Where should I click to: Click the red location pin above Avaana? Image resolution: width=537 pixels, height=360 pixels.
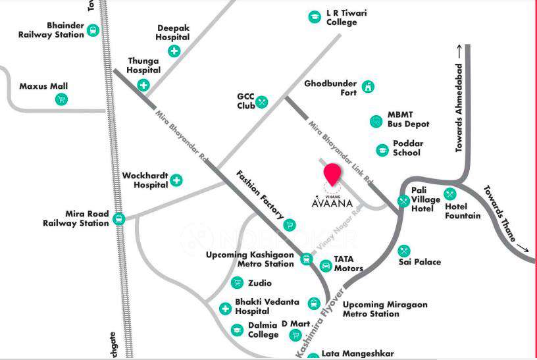[x=333, y=174]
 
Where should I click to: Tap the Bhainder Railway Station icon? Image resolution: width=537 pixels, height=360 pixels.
[x=93, y=30]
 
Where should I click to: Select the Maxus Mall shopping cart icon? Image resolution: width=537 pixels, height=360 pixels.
[x=61, y=100]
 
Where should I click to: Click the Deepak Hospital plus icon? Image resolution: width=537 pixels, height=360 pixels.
[x=174, y=51]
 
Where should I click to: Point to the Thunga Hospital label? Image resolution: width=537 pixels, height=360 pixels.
[x=143, y=65]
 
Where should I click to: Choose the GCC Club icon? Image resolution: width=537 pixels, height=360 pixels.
[x=262, y=101]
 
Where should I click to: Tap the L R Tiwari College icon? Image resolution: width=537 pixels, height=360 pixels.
[x=315, y=17]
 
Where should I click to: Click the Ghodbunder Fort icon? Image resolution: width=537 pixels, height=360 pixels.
[x=369, y=87]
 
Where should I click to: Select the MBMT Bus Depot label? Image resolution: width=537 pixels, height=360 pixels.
[x=408, y=119]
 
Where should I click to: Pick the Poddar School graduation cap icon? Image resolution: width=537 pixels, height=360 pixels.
[x=382, y=150]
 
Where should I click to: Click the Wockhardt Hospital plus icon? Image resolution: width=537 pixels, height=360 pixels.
[x=176, y=180]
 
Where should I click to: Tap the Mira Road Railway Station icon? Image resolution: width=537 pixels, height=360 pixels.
[x=119, y=219]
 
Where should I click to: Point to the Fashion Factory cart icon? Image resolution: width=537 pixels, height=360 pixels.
[x=290, y=225]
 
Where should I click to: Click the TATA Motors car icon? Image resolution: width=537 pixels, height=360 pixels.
[x=325, y=266]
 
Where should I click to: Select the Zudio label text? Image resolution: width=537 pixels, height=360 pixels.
[x=260, y=283]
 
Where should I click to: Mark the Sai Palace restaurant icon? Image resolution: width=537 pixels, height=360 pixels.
[x=404, y=251]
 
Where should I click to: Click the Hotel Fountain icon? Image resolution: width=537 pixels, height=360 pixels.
[x=450, y=194]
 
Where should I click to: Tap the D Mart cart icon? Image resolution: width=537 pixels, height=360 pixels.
[x=295, y=335]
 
